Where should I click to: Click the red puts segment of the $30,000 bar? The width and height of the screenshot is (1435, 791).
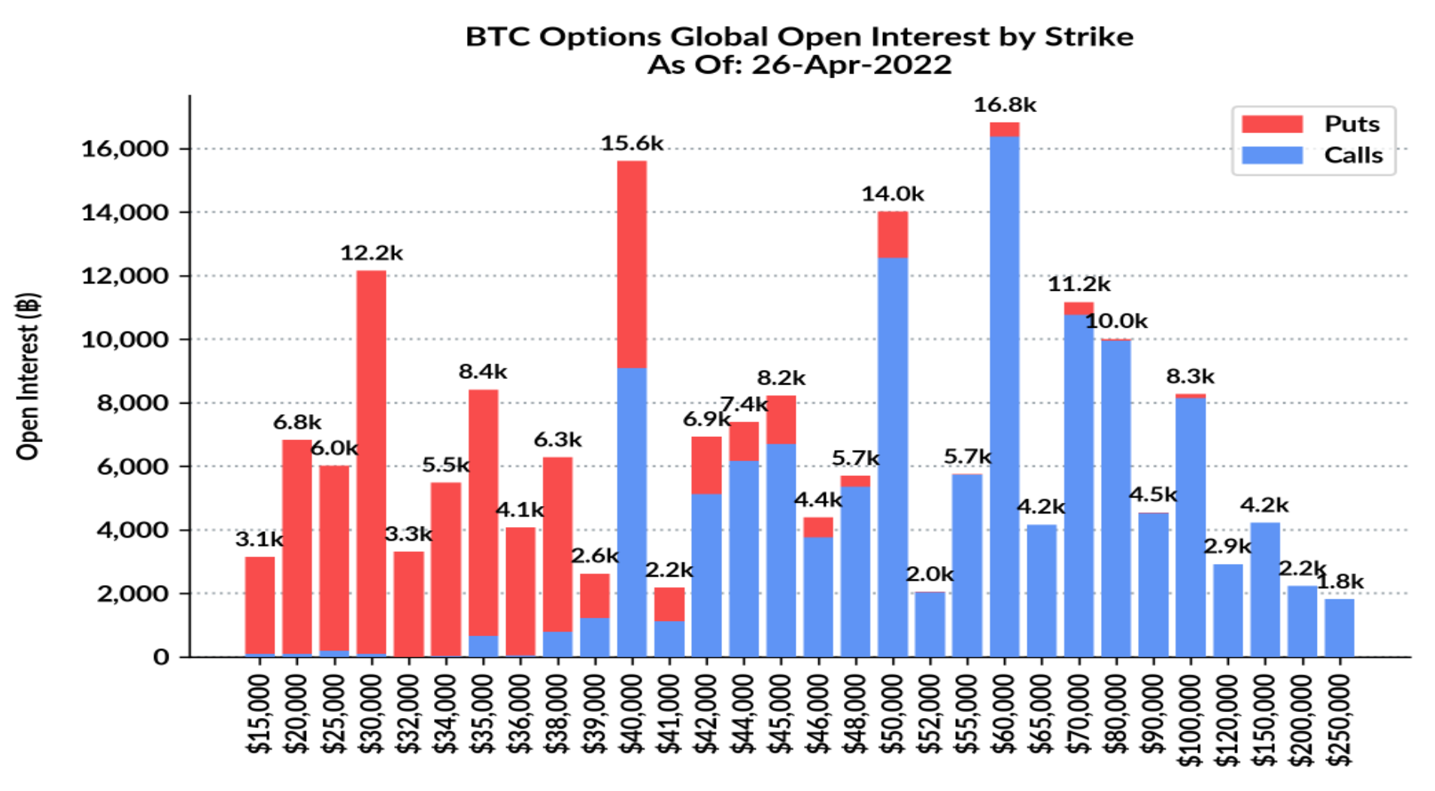coord(371,462)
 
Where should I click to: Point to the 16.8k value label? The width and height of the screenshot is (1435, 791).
coord(1004,105)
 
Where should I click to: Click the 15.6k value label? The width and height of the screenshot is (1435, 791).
coord(632,144)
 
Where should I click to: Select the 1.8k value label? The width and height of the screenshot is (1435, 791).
coord(1339,581)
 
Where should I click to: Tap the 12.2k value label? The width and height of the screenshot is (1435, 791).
coord(371,253)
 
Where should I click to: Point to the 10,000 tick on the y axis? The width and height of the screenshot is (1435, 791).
coord(124,340)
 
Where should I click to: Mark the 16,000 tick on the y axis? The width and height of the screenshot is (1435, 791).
coord(124,149)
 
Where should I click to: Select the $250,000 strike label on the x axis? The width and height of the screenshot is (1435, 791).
coord(1339,719)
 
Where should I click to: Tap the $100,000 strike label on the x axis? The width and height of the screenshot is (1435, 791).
coord(1190,719)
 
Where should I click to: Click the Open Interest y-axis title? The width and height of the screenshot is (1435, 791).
coord(28,376)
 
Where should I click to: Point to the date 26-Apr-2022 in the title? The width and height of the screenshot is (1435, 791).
coord(851,65)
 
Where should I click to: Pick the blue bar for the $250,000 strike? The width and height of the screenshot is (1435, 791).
coord(1339,628)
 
